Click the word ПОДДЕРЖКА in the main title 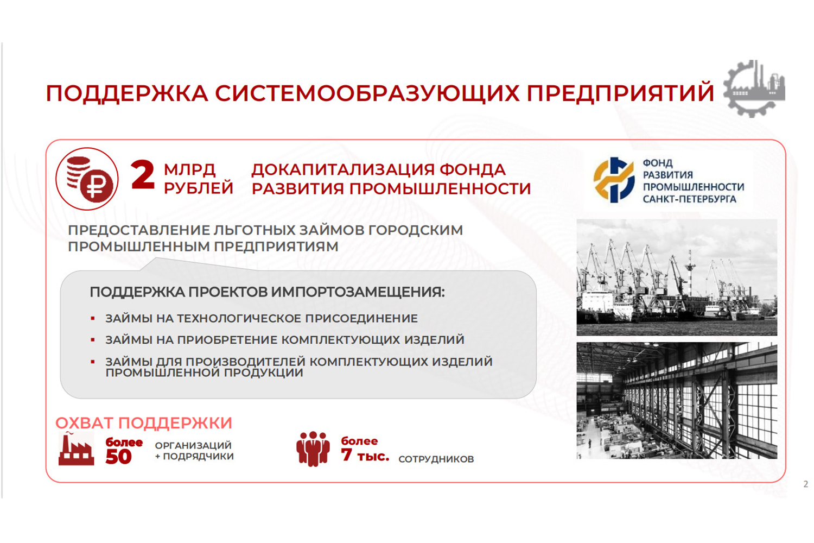coord(127,93)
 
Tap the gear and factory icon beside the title coord(754,89)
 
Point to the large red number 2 coord(143,175)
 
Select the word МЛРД coord(190,170)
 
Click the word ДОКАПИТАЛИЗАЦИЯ coord(342,170)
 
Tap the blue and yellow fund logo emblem coord(614,180)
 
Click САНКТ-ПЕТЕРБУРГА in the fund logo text coord(689,199)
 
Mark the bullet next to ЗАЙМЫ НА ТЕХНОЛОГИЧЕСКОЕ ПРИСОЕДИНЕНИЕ coord(93,319)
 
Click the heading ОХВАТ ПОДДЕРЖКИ coord(144,423)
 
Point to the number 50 coord(118,457)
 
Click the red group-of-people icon coord(313,449)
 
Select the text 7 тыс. coord(365,456)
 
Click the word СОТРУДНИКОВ coord(436,459)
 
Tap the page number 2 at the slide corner coord(805,484)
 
